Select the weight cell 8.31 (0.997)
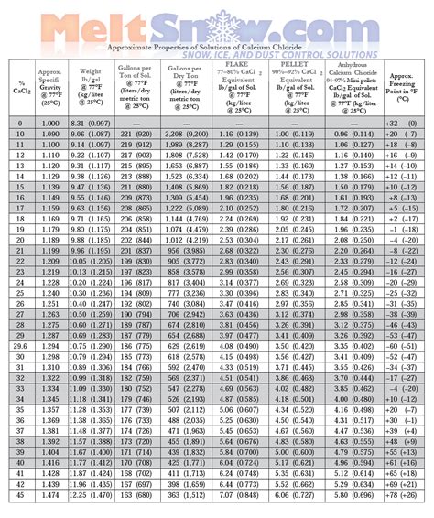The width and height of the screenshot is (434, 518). click(92, 123)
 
